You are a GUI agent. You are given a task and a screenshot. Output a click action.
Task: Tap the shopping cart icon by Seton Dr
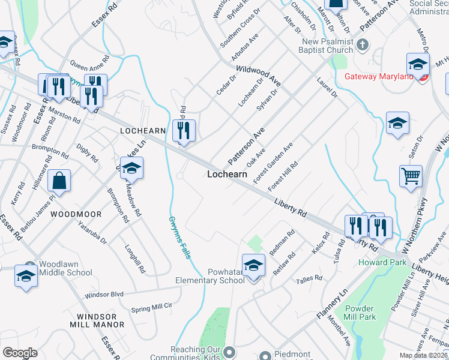pos(411,176)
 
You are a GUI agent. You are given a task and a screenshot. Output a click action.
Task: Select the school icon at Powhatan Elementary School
pos(253,265)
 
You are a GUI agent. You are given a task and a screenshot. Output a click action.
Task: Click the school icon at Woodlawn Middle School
pos(26,275)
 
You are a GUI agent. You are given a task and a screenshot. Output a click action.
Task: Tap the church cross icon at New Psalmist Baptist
pos(362,45)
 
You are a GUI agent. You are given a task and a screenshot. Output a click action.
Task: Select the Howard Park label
pos(375,262)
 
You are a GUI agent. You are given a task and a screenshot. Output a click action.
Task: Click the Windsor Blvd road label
pos(104,295)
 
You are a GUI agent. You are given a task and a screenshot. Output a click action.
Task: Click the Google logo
pos(19,353)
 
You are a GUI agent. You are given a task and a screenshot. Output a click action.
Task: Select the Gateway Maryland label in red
pos(379,77)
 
